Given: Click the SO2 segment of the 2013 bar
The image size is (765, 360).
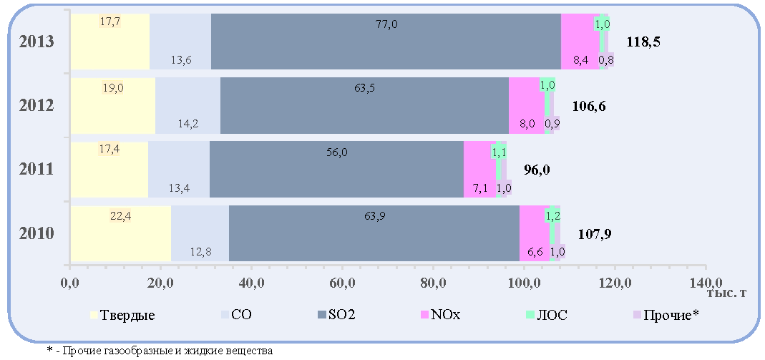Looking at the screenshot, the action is pyautogui.click(x=386, y=42).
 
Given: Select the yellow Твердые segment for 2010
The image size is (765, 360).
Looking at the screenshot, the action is pyautogui.click(x=121, y=233).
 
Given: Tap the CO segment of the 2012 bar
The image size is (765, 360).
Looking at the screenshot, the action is pyautogui.click(x=187, y=105).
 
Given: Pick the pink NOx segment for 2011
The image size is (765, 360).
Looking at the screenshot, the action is pyautogui.click(x=479, y=170).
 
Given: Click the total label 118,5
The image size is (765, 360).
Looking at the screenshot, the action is pyautogui.click(x=643, y=42).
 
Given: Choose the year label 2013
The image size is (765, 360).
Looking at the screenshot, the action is pyautogui.click(x=36, y=42).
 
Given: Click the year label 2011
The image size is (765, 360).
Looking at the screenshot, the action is pyautogui.click(x=36, y=170).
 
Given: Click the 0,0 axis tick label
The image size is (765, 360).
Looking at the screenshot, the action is pyautogui.click(x=72, y=283).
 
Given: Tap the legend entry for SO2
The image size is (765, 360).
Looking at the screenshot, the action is pyautogui.click(x=336, y=315).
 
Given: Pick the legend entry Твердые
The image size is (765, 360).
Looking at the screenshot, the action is pyautogui.click(x=123, y=315).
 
